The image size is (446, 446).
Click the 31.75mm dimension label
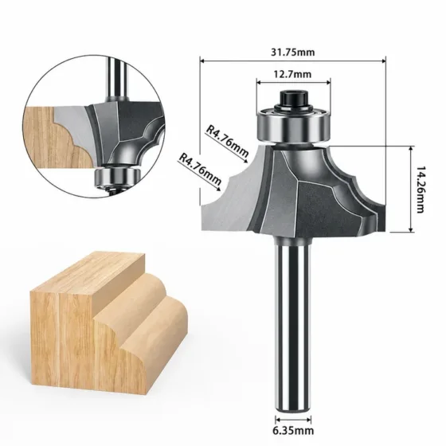point(293,53)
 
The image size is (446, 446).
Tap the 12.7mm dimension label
point(293,75)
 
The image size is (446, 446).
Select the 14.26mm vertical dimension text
point(421,190)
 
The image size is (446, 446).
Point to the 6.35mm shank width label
point(293,431)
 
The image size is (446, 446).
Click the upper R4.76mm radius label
point(227,142)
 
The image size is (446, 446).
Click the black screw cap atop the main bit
point(293,99)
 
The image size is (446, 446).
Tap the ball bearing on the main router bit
point(293,124)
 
